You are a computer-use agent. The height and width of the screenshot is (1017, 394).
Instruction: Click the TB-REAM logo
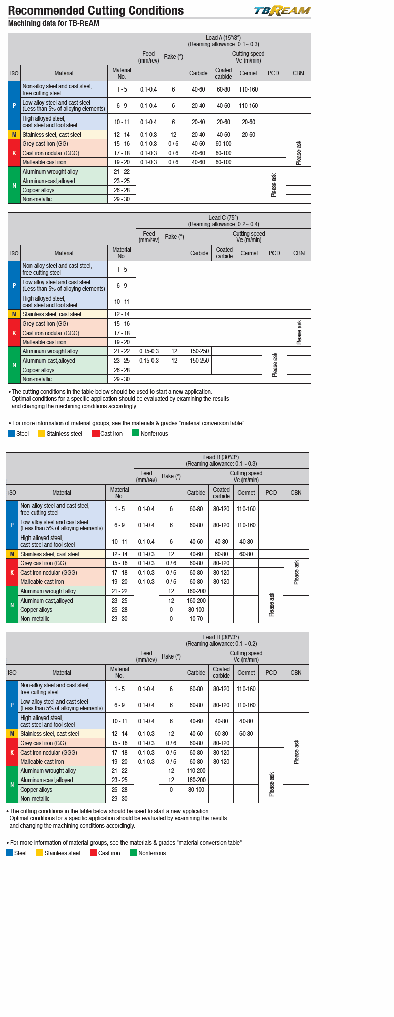(x=282, y=11)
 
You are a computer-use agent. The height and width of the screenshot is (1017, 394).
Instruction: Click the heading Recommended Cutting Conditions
(x=96, y=11)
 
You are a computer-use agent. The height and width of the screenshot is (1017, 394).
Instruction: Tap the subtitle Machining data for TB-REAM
(x=53, y=23)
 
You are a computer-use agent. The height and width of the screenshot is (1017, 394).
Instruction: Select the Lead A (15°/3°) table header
(x=223, y=41)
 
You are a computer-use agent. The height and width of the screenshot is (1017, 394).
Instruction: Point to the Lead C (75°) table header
(x=223, y=221)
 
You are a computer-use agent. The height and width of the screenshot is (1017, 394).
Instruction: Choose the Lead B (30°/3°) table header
(x=221, y=460)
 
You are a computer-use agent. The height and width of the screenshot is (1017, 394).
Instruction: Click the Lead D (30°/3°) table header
(x=221, y=640)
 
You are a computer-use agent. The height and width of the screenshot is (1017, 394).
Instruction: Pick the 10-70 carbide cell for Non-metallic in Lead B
(x=196, y=619)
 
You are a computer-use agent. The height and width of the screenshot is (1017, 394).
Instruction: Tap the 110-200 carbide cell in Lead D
(x=196, y=771)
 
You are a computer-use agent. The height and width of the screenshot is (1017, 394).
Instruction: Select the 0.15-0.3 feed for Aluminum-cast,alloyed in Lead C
(x=149, y=361)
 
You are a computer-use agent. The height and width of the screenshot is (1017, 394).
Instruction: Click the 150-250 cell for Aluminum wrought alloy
(x=199, y=351)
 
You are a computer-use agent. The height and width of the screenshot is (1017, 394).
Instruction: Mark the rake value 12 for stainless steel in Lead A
(x=173, y=135)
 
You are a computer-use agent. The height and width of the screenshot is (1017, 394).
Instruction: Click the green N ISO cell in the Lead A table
(x=14, y=186)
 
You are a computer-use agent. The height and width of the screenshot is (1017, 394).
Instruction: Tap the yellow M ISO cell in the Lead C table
(x=14, y=314)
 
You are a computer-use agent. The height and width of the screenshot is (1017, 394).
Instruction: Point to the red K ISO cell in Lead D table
(x=12, y=753)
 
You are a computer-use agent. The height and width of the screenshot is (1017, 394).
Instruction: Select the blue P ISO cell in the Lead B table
(x=12, y=525)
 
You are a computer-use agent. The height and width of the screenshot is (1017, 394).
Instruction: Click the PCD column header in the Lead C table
(x=275, y=253)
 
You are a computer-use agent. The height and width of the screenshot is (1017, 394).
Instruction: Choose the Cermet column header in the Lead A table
(x=249, y=73)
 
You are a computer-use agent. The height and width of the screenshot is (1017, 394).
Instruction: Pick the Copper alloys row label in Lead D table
(x=36, y=790)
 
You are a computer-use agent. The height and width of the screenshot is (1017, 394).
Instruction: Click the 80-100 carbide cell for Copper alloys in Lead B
(x=196, y=610)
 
